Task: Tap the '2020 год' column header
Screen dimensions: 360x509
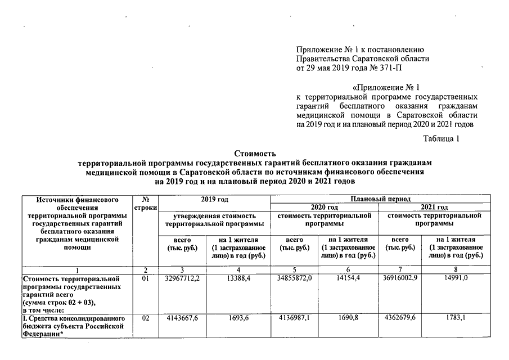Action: pos(325,207)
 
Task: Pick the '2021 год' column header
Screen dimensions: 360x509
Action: pos(434,207)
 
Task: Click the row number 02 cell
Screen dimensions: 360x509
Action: pos(146,318)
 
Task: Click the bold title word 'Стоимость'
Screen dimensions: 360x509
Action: pos(254,153)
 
